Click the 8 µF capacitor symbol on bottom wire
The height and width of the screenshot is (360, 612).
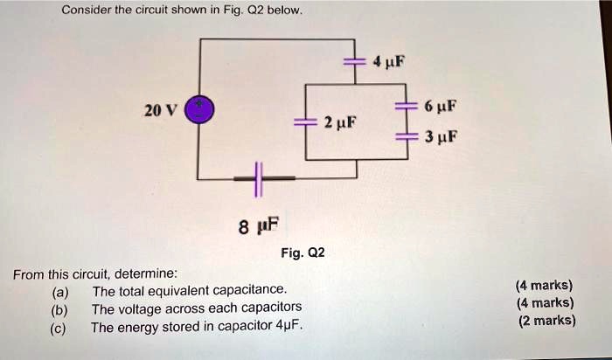[256, 179]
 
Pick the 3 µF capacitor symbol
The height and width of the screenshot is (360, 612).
[406, 137]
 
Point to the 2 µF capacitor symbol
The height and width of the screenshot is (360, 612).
[305, 122]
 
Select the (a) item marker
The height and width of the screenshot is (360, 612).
[60, 291]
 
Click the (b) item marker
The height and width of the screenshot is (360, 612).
[60, 308]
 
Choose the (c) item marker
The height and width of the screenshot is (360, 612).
[60, 328]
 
